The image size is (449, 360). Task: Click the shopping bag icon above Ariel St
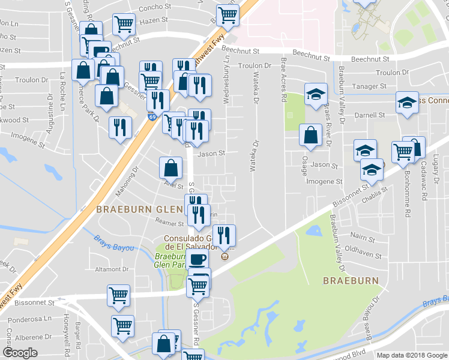tap(171, 168)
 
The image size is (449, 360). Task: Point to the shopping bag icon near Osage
tap(310, 136)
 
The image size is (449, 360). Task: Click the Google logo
tap(20, 353)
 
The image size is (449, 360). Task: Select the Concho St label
tap(155, 8)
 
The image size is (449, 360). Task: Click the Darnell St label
tap(370, 115)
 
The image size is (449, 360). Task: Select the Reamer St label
tap(169, 223)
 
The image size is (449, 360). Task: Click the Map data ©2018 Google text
tap(411, 355)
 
